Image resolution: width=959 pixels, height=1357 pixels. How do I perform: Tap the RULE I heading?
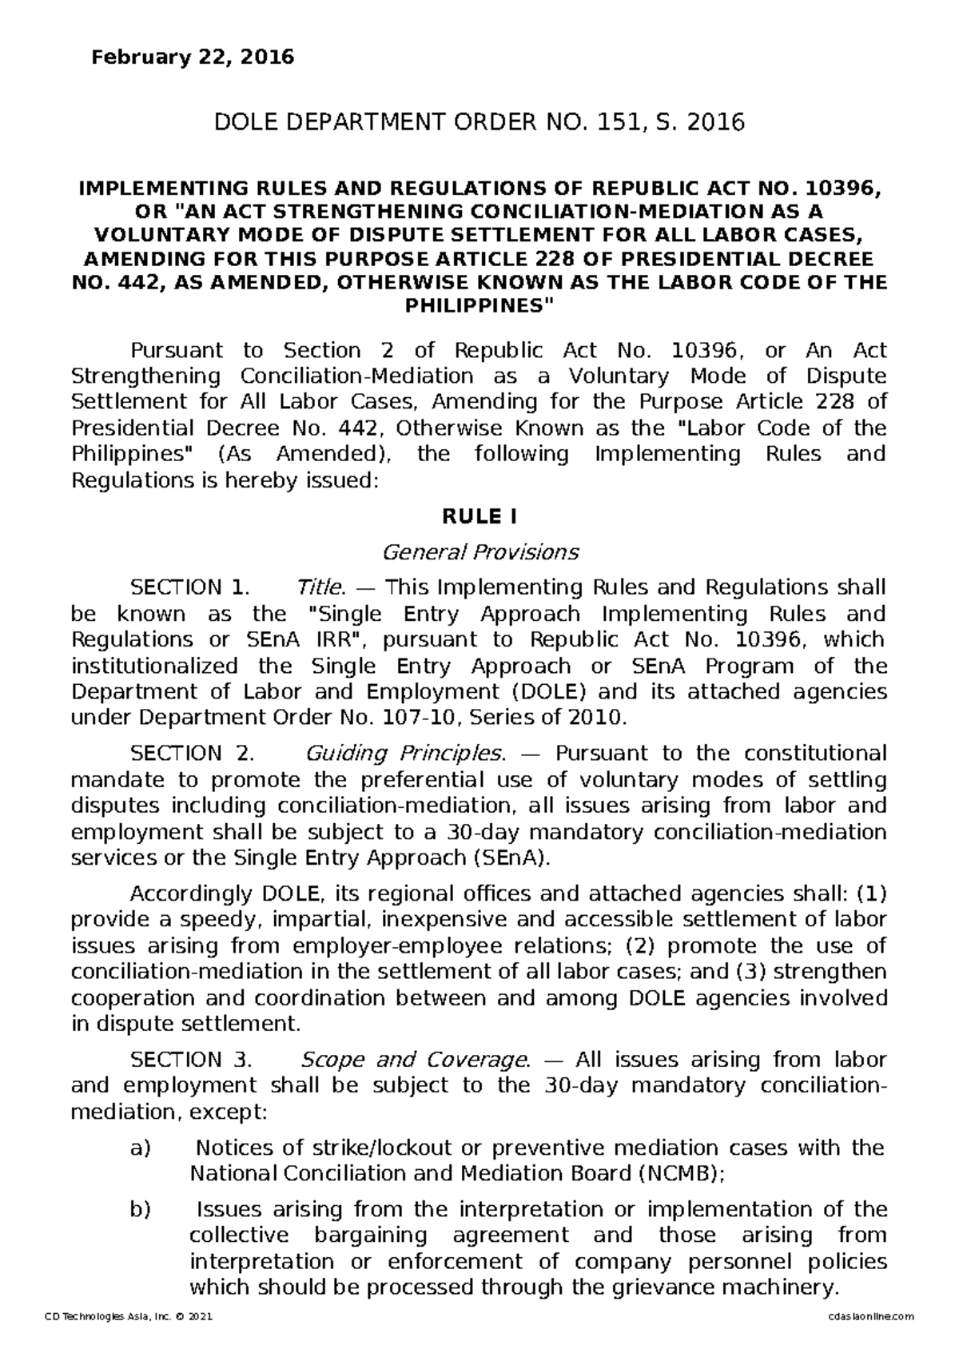[479, 518]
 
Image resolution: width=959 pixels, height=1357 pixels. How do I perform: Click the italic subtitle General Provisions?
[479, 552]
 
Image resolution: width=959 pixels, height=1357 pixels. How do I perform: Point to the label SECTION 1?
[190, 588]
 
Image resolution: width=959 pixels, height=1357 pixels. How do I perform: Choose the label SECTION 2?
[192, 754]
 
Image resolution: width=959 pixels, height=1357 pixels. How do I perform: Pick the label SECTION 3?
[191, 1060]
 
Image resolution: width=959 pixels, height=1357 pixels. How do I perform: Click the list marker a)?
[140, 1148]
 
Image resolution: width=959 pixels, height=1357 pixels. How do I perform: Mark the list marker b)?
[140, 1209]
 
